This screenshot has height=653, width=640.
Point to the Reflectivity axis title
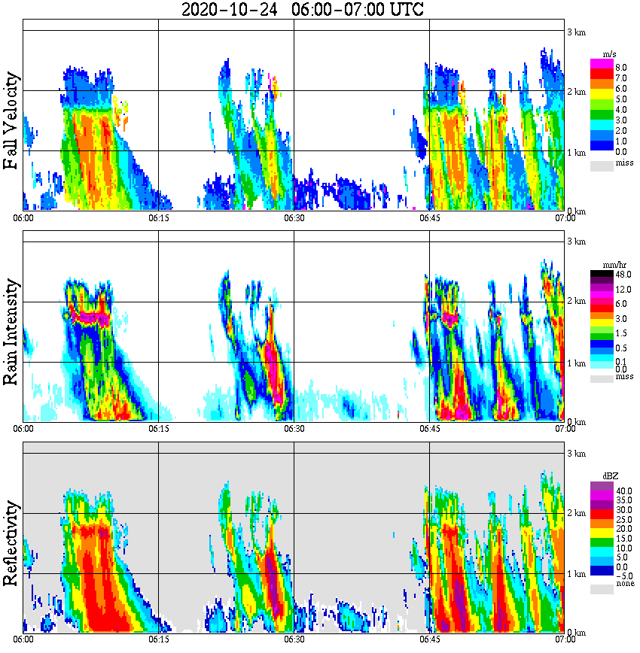pyautogui.click(x=11, y=540)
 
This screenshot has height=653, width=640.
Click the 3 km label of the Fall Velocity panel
pyautogui.click(x=576, y=31)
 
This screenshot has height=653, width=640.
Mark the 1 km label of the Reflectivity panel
pyautogui.click(x=576, y=574)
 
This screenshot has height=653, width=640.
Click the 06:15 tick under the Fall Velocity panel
pyautogui.click(x=158, y=217)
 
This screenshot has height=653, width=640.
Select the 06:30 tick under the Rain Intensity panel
pyautogui.click(x=294, y=429)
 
